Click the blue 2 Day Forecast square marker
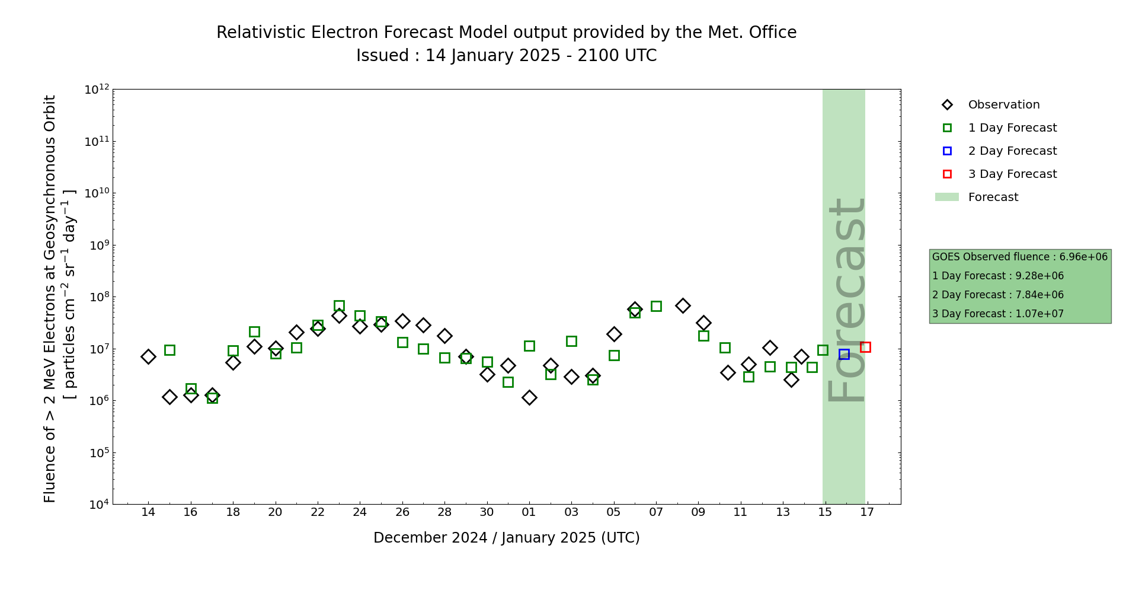[844, 354]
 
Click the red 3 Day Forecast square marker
[865, 347]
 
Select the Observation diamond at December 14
[148, 356]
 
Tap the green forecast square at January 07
[656, 306]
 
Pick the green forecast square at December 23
[339, 306]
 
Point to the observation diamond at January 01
[529, 397]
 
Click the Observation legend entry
[1003, 105]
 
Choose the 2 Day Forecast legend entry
[1012, 151]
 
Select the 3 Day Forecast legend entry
[1012, 174]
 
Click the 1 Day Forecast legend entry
[1012, 128]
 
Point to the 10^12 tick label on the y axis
[97, 90]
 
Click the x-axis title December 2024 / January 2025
[506, 538]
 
